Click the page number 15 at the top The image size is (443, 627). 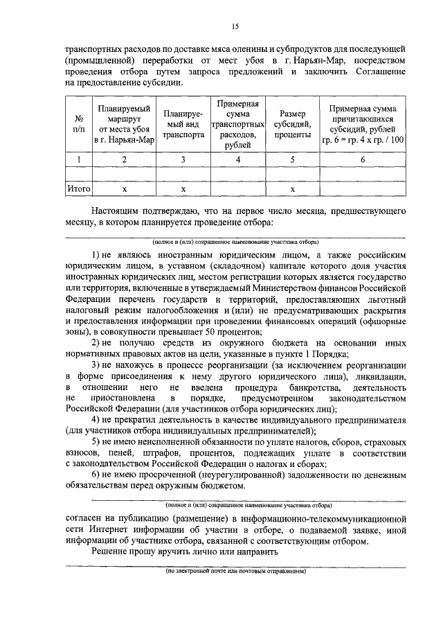click(235, 27)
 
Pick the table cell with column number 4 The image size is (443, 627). click(237, 159)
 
